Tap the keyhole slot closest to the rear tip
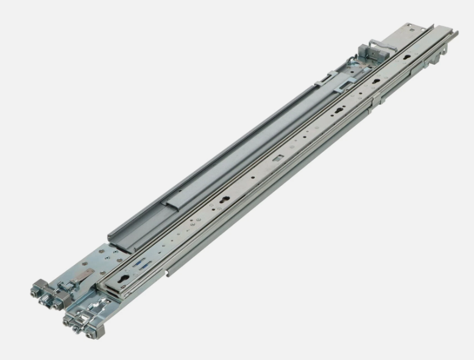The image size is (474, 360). point(420,62)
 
